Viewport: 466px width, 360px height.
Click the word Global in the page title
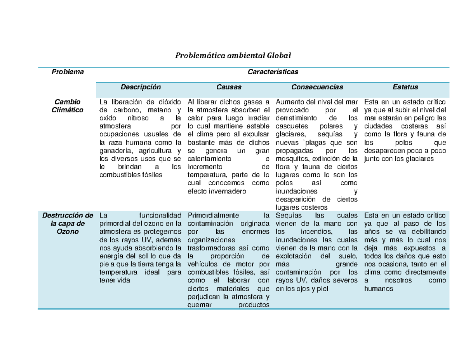point(278,55)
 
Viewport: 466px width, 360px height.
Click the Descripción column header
point(141,87)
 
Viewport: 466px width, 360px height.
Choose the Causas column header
point(229,87)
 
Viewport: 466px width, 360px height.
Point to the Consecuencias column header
point(317,87)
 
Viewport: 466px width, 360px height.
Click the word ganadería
point(114,151)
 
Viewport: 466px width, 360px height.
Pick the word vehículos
point(202,264)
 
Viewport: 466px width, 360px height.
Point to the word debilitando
point(429,232)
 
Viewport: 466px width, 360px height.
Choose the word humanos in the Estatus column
point(379,289)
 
